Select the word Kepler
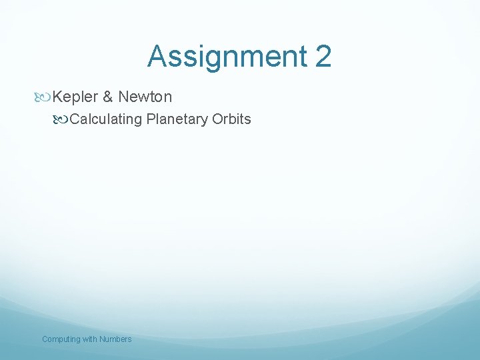75,97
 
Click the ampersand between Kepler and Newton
107,97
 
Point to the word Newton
145,97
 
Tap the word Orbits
231,119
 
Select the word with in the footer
90,339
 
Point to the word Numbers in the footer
115,339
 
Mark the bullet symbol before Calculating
63,120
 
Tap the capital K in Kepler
57,97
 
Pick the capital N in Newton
123,97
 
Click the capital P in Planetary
151,119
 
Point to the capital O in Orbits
217,119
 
